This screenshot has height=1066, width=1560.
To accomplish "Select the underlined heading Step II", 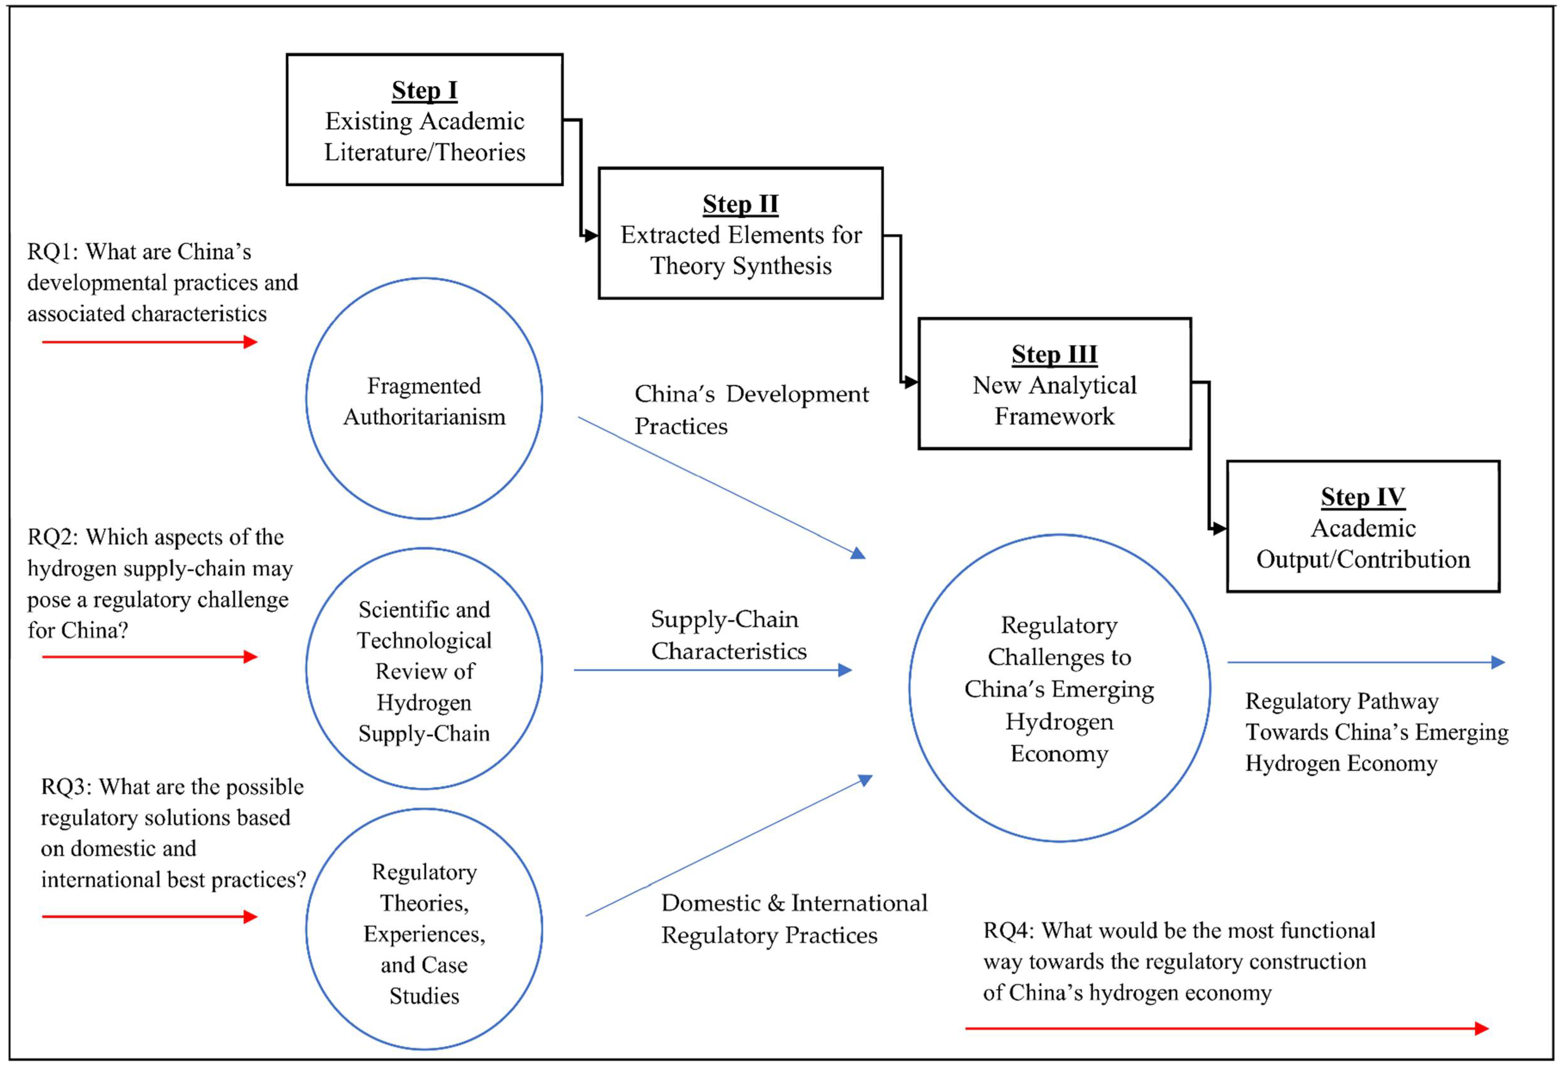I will (740, 204).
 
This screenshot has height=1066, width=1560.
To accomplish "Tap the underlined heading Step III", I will (1054, 354).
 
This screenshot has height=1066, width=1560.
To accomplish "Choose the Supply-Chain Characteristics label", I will (728, 635).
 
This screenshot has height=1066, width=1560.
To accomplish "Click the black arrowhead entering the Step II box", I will (591, 236).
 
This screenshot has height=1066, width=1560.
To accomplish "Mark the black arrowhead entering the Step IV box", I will (1219, 529).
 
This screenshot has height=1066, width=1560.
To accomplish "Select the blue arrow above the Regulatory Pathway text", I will (1366, 663).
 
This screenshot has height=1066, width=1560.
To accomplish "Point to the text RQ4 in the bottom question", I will (1008, 931).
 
